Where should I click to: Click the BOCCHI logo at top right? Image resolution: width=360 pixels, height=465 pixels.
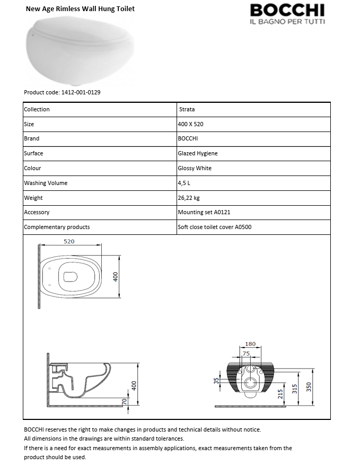coord(287,13)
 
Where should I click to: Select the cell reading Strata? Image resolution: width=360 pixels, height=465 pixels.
coord(187,110)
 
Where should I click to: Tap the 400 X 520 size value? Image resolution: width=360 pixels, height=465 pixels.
coord(191,124)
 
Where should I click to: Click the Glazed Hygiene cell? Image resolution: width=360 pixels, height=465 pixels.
coord(198,154)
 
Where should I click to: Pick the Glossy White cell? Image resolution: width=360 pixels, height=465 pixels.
coord(195,168)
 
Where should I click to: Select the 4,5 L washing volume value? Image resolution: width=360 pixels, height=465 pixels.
coord(185,183)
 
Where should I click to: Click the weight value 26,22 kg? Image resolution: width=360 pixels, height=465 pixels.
coord(189,198)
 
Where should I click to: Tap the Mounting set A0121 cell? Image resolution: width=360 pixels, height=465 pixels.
coord(204,212)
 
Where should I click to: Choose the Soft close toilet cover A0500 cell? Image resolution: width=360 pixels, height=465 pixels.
coord(215,227)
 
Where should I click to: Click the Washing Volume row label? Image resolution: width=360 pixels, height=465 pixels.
coord(46,183)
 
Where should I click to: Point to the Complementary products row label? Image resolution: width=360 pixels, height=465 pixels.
coord(57,227)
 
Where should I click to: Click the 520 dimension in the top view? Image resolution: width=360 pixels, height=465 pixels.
coord(69,241)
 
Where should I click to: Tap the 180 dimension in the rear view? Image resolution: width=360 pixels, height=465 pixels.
coord(250,344)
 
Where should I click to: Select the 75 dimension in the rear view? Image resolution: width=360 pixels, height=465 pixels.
coord(246,353)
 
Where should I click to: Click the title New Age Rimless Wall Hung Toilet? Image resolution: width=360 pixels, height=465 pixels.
coord(80,9)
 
